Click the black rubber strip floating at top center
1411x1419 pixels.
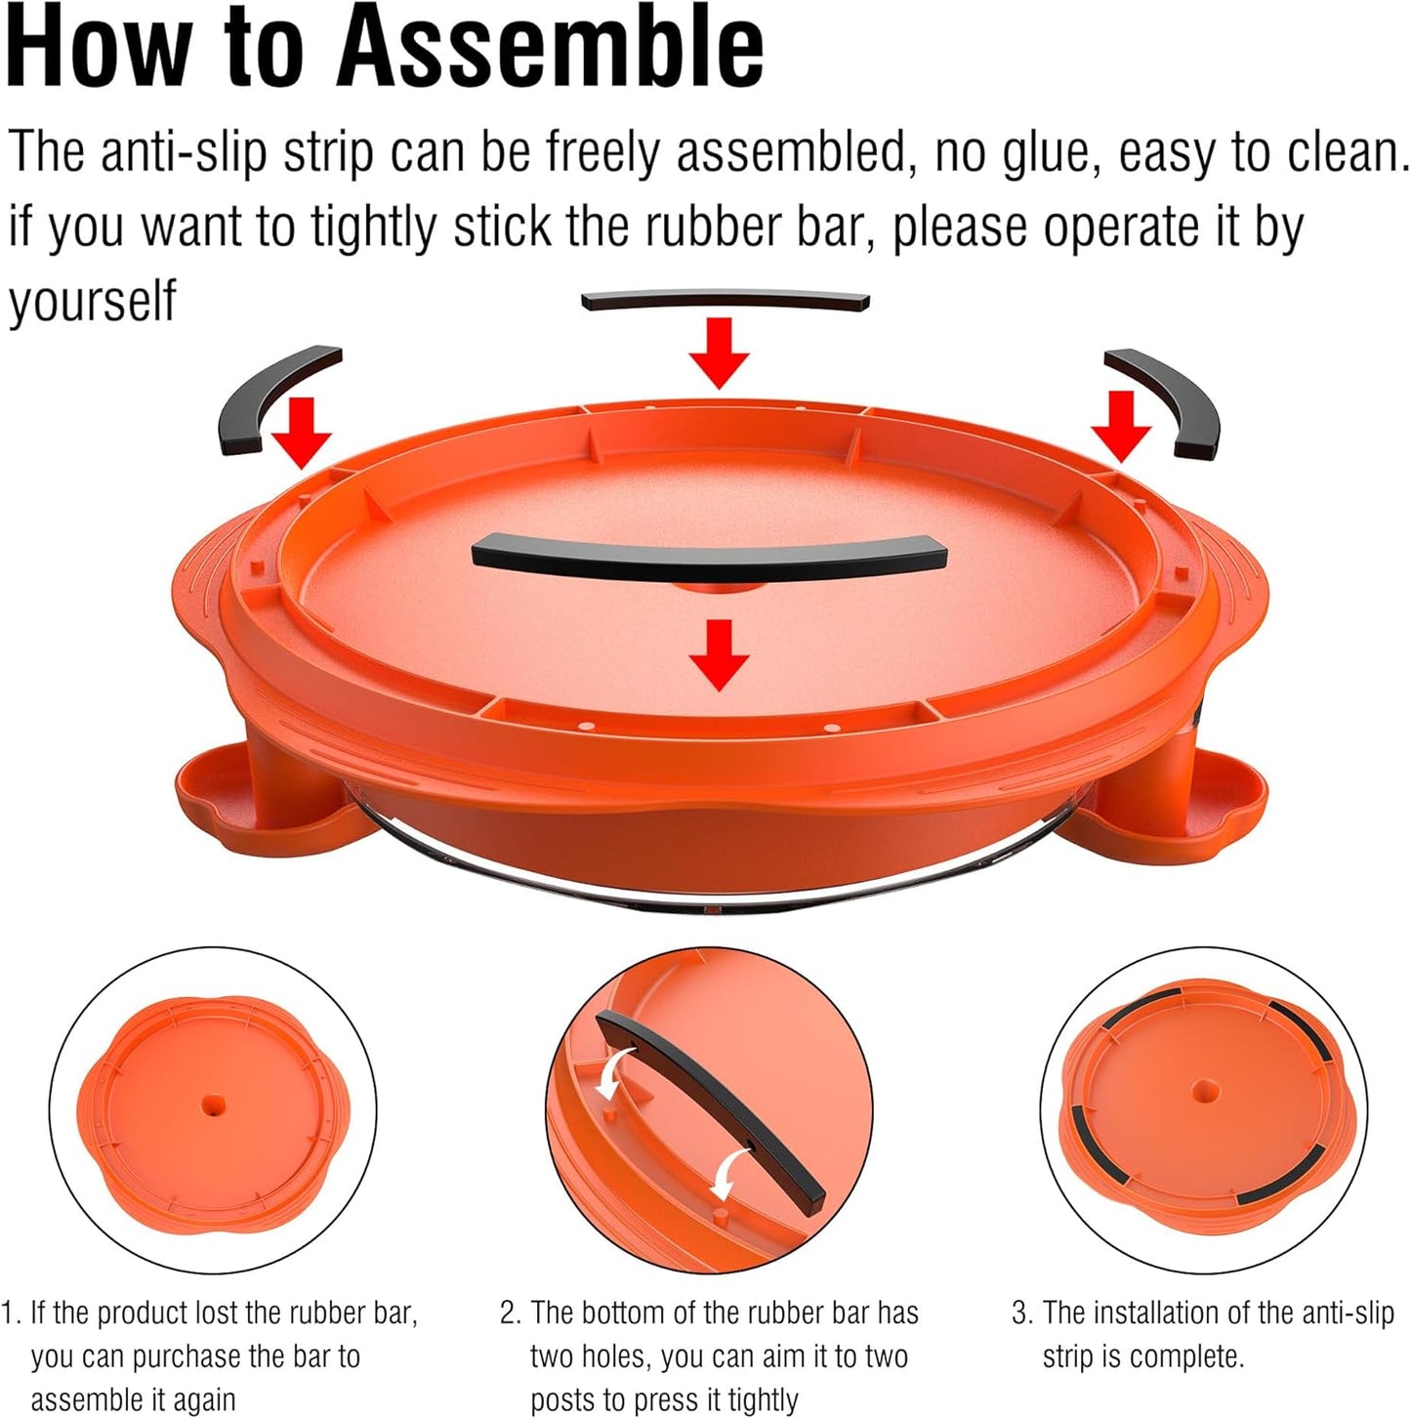[x=725, y=301]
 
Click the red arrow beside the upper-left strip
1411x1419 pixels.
[x=302, y=433]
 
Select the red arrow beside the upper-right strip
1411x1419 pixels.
[x=1121, y=427]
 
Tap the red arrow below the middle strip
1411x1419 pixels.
[x=720, y=655]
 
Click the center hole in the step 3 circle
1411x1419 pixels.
[x=1205, y=1091]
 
